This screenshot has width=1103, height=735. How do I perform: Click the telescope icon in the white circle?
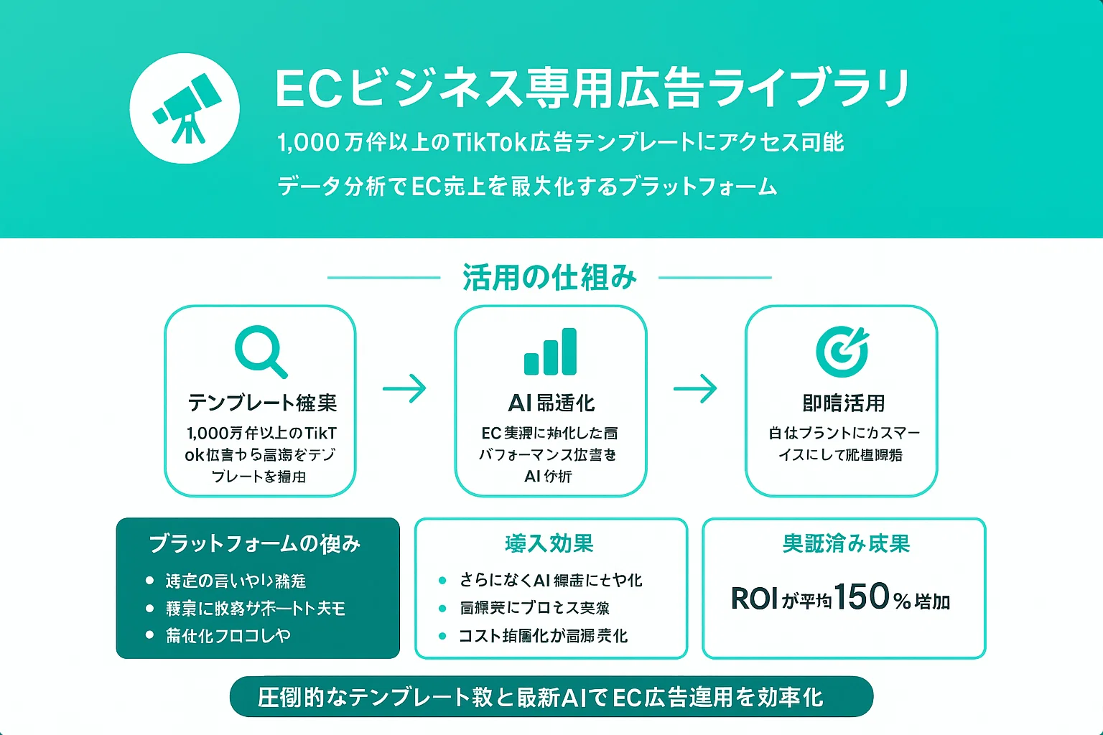[x=185, y=108]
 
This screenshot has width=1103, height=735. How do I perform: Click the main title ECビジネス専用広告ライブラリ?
[x=592, y=88]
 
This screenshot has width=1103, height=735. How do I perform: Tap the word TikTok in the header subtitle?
[x=490, y=142]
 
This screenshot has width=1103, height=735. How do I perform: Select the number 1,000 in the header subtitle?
[x=308, y=142]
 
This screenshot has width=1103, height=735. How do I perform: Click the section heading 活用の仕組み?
[x=549, y=277]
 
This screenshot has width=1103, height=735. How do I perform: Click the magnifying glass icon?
[x=260, y=351]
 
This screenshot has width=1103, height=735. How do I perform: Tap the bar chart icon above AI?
[x=550, y=352]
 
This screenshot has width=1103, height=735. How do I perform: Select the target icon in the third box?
[x=842, y=351]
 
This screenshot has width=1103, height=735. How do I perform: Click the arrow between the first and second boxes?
[x=404, y=389]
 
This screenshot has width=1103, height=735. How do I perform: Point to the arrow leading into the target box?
[x=695, y=389]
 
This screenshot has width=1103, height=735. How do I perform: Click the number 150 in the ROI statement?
[x=861, y=596]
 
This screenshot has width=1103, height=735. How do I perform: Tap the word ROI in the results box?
[x=754, y=599]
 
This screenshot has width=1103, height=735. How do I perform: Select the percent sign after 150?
[x=903, y=600]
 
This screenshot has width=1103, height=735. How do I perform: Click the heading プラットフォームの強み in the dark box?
[x=254, y=544]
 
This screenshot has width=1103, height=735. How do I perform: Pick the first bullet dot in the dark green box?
[x=149, y=580]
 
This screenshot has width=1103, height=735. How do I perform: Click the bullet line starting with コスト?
[x=543, y=636]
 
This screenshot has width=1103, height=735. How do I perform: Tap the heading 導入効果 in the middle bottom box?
[x=549, y=544]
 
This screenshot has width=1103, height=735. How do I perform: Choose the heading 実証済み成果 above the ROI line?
[x=846, y=544]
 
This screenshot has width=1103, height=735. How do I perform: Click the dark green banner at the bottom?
[x=551, y=696]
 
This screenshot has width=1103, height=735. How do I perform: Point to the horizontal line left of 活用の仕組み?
[x=383, y=277]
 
